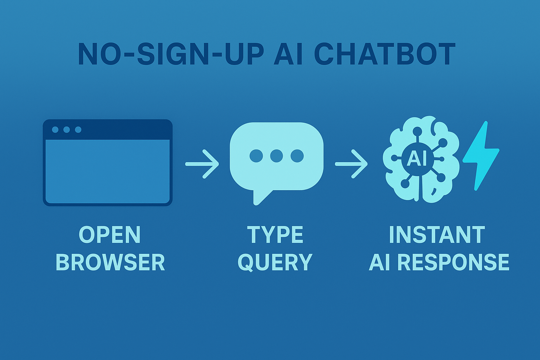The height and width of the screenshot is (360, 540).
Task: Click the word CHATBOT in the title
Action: [385, 55]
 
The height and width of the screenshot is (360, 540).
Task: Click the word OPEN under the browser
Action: [110, 235]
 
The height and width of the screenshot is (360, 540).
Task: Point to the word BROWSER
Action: [110, 262]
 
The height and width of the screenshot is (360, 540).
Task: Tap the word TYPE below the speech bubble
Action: [275, 235]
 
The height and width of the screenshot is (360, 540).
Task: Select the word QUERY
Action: [275, 263]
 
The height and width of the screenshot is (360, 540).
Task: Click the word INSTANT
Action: [437, 235]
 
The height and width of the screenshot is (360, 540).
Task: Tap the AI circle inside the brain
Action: [417, 159]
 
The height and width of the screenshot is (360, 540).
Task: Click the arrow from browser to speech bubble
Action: [202, 164]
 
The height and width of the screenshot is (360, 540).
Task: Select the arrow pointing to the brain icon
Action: [352, 164]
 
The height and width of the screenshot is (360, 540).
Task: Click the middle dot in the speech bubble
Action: [276, 156]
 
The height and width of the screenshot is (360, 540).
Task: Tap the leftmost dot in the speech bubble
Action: [256, 156]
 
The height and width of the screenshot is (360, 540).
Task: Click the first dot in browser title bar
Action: [55, 130]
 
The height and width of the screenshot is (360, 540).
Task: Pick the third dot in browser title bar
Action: [78, 130]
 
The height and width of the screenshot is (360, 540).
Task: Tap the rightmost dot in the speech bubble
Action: [297, 156]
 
